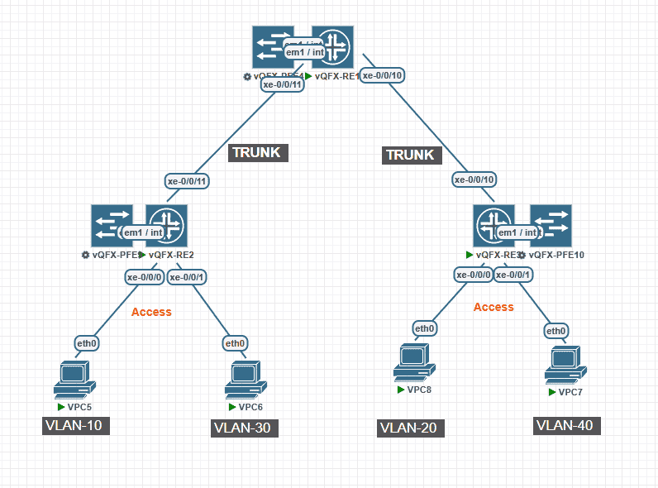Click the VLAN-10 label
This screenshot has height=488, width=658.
77,425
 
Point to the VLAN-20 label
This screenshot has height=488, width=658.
412,428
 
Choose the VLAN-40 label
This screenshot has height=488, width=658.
566,425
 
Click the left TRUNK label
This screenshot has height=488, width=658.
256,152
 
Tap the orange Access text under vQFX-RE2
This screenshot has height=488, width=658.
151,312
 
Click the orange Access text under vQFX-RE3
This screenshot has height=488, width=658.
493,307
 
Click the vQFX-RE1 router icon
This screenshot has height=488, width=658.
332,47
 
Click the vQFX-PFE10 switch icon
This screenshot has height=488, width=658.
551,225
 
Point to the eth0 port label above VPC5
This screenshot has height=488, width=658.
87,342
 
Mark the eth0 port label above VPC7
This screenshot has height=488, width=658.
556,331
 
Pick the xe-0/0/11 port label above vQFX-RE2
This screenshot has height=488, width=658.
187,181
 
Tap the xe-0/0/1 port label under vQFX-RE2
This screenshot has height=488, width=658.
188,277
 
